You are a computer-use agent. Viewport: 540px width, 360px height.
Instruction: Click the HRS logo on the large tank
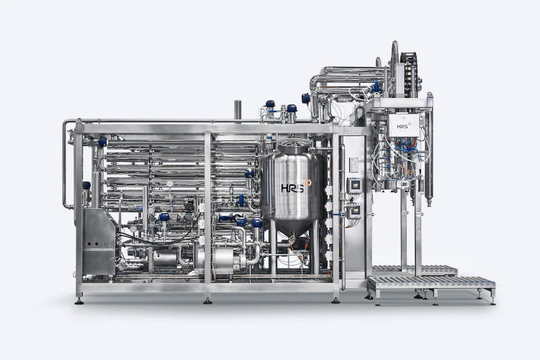(x=292, y=189)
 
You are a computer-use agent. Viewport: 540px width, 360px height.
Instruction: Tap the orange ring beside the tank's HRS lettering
(x=308, y=183)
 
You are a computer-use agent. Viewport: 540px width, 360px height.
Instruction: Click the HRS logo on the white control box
(x=402, y=127)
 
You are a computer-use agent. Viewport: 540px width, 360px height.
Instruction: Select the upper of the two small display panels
(x=354, y=186)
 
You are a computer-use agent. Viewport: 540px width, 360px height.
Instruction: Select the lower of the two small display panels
(x=354, y=210)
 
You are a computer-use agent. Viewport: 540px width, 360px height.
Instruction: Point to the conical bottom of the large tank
(x=292, y=228)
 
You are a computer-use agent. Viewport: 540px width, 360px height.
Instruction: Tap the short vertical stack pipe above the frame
(x=238, y=112)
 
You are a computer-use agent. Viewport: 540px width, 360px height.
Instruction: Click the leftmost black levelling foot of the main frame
(x=79, y=302)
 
